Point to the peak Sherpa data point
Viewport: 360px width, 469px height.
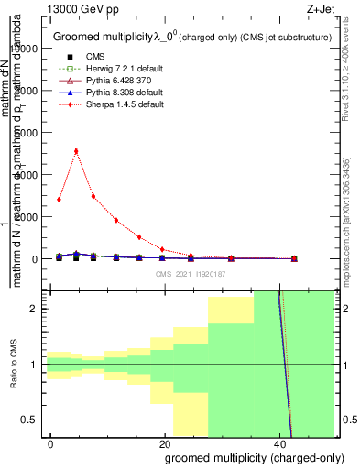pos(76,151)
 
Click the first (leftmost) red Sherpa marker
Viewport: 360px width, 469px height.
pos(59,199)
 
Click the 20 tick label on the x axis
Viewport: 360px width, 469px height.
pos(165,443)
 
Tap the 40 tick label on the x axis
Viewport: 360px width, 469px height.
pos(279,443)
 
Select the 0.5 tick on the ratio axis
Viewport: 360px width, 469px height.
pos(32,420)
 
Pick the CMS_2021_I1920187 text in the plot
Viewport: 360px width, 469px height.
pos(191,273)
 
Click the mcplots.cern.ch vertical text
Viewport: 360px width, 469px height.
pos(347,220)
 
